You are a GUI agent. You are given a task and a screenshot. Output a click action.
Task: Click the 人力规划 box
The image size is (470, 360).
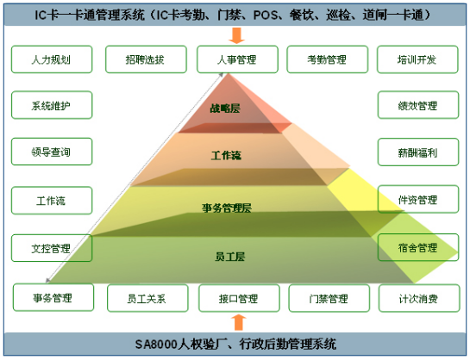[x=52, y=59]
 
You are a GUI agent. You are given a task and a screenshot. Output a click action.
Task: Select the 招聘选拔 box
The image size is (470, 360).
[x=146, y=59]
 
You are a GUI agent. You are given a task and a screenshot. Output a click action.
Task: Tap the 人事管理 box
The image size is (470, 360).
[x=237, y=59]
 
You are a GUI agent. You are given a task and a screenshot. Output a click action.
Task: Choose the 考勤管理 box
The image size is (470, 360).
[x=328, y=59]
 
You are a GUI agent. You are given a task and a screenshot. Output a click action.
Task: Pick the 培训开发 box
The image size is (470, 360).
[x=417, y=59]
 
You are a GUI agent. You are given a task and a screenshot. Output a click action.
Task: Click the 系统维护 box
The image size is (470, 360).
[x=52, y=105]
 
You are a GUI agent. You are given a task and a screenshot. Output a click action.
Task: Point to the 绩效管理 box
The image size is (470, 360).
[x=418, y=105]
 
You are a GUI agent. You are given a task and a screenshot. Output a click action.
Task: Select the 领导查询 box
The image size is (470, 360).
[x=52, y=152]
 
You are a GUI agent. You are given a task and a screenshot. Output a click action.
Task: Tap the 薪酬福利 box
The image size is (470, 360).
[x=418, y=152]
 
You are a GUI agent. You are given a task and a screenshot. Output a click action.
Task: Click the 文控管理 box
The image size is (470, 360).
[x=52, y=248]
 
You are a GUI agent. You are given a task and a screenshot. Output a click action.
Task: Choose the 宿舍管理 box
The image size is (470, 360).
[x=418, y=247]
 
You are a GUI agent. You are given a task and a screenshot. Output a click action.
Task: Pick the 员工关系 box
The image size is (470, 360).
[x=147, y=298]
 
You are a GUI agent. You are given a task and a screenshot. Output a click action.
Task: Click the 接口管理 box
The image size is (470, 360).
[x=239, y=298]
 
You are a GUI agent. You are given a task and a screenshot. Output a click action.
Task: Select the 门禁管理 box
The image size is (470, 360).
[x=329, y=298]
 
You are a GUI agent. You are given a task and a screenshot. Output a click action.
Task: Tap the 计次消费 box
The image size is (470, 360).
[x=419, y=298]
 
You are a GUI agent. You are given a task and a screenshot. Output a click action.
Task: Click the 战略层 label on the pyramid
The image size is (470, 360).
[x=225, y=108]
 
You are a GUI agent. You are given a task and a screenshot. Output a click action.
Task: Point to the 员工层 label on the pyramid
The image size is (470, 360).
[x=230, y=257]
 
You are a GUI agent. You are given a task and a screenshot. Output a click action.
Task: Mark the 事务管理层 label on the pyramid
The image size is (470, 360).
[x=227, y=208]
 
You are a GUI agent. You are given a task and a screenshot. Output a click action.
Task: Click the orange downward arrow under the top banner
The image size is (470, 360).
[x=237, y=35]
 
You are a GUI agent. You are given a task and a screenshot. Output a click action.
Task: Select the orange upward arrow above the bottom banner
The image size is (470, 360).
[x=239, y=322]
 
